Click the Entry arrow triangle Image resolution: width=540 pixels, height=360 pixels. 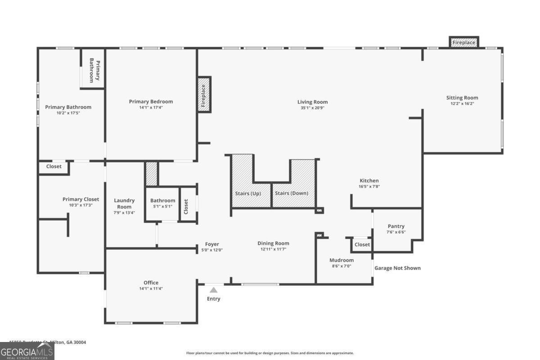pyautogui.click(x=213, y=290)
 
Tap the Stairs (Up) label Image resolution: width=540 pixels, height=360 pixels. pyautogui.click(x=248, y=193)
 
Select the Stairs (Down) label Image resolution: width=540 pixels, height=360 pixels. pyautogui.click(x=292, y=193)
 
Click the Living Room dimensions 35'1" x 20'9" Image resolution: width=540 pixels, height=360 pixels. pyautogui.click(x=312, y=108)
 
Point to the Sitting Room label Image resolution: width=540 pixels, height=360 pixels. pyautogui.click(x=462, y=98)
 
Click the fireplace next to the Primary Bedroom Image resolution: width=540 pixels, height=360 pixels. pyautogui.click(x=203, y=95)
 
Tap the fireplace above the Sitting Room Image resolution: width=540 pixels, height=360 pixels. pyautogui.click(x=463, y=42)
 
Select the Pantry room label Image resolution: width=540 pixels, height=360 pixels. pyautogui.click(x=396, y=226)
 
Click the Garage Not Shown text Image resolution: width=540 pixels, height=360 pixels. pyautogui.click(x=397, y=268)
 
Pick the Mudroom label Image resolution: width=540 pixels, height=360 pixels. pyautogui.click(x=342, y=260)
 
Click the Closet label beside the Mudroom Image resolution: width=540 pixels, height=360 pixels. pyautogui.click(x=362, y=245)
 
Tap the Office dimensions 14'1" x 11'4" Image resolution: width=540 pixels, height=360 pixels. pyautogui.click(x=151, y=288)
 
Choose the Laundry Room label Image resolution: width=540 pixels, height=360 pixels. pyautogui.click(x=124, y=203)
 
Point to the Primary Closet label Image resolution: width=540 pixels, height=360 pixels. pyautogui.click(x=81, y=199)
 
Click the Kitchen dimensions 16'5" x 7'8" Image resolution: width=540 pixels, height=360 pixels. pyautogui.click(x=369, y=186)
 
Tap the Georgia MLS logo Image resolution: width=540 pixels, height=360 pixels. pyautogui.click(x=27, y=351)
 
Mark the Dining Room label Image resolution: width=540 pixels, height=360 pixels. pyautogui.click(x=273, y=243)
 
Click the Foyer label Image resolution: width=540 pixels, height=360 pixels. pyautogui.click(x=212, y=244)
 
